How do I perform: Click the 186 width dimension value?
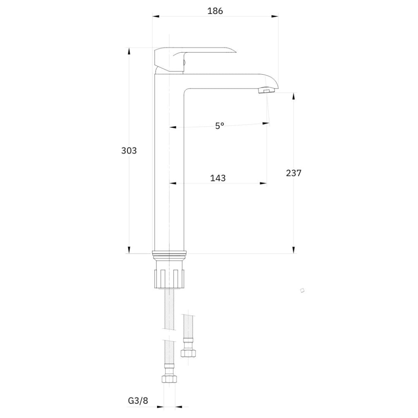pos(215,11)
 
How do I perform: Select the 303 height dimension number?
pos(129,151)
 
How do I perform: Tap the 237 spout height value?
pos(293,173)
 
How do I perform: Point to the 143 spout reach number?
pos(218,178)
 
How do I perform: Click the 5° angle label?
pos(220,126)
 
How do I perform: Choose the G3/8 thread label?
pos(138,400)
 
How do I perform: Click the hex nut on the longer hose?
pos(169,379)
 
